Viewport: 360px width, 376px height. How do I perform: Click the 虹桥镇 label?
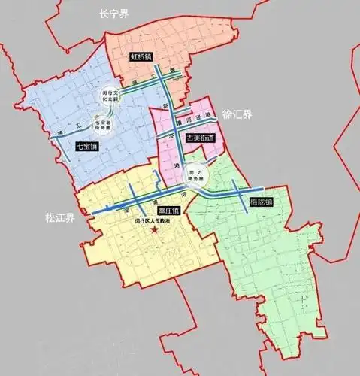pos(141,56)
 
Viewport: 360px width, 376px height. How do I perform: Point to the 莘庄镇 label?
pos(159,211)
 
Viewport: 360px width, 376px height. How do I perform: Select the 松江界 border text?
pos(59,218)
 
